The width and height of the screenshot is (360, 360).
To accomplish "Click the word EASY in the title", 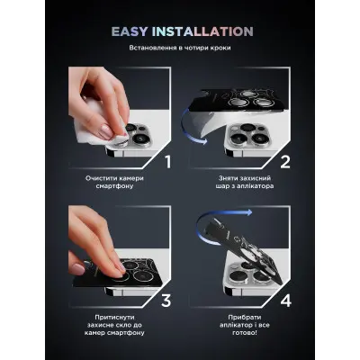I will pos(135,31).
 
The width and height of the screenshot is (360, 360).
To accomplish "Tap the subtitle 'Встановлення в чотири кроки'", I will pos(180,49).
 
